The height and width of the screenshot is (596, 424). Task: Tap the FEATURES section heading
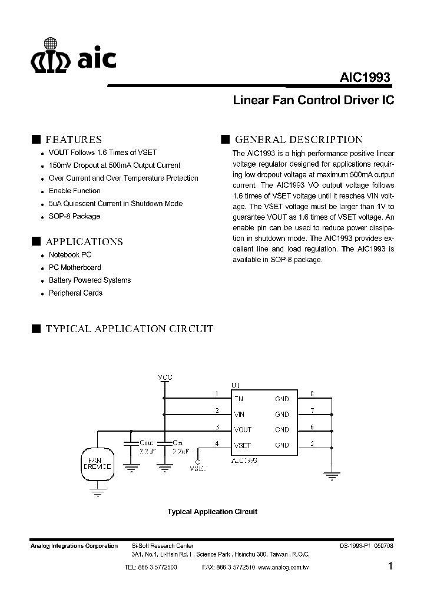74,140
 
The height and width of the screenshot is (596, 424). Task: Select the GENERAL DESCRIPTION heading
299,140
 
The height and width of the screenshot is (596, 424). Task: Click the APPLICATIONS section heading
84,241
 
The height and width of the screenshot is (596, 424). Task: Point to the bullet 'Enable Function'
75,191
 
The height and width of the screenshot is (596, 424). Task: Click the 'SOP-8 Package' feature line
75,216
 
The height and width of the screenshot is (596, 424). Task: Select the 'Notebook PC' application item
70,254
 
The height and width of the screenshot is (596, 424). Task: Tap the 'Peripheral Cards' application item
76,293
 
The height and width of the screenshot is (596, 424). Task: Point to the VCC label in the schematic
165,377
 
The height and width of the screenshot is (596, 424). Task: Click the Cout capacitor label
146,442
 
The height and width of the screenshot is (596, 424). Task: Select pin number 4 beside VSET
217,443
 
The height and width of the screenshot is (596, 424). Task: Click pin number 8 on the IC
312,393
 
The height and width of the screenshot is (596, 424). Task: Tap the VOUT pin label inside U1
243,430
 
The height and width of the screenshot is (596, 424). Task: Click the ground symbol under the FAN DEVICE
95,494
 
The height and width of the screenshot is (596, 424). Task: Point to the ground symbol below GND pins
332,474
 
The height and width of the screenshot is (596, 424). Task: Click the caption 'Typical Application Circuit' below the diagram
213,512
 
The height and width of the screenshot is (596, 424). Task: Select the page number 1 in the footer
391,567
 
